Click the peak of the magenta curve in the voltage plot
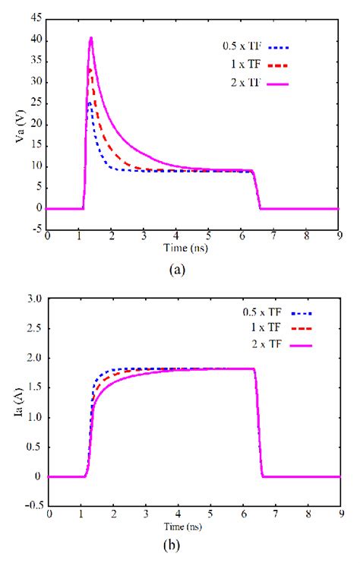tap(91, 38)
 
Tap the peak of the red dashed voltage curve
tap(90, 69)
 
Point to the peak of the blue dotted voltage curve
tap(89, 103)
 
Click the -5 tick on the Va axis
tap(36, 229)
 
